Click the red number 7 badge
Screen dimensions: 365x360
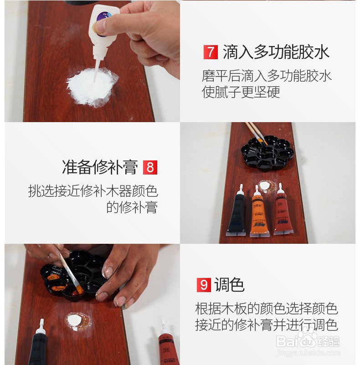tap(210, 52)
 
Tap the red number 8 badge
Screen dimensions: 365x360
tap(149, 167)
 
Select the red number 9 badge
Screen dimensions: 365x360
tap(204, 285)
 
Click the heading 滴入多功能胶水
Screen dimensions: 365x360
tap(276, 52)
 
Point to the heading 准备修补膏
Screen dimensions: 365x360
tap(100, 167)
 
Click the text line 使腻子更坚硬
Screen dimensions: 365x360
tap(241, 92)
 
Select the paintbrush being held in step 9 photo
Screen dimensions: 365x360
tap(68, 269)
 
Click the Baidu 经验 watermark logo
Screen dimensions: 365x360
tap(308, 342)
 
